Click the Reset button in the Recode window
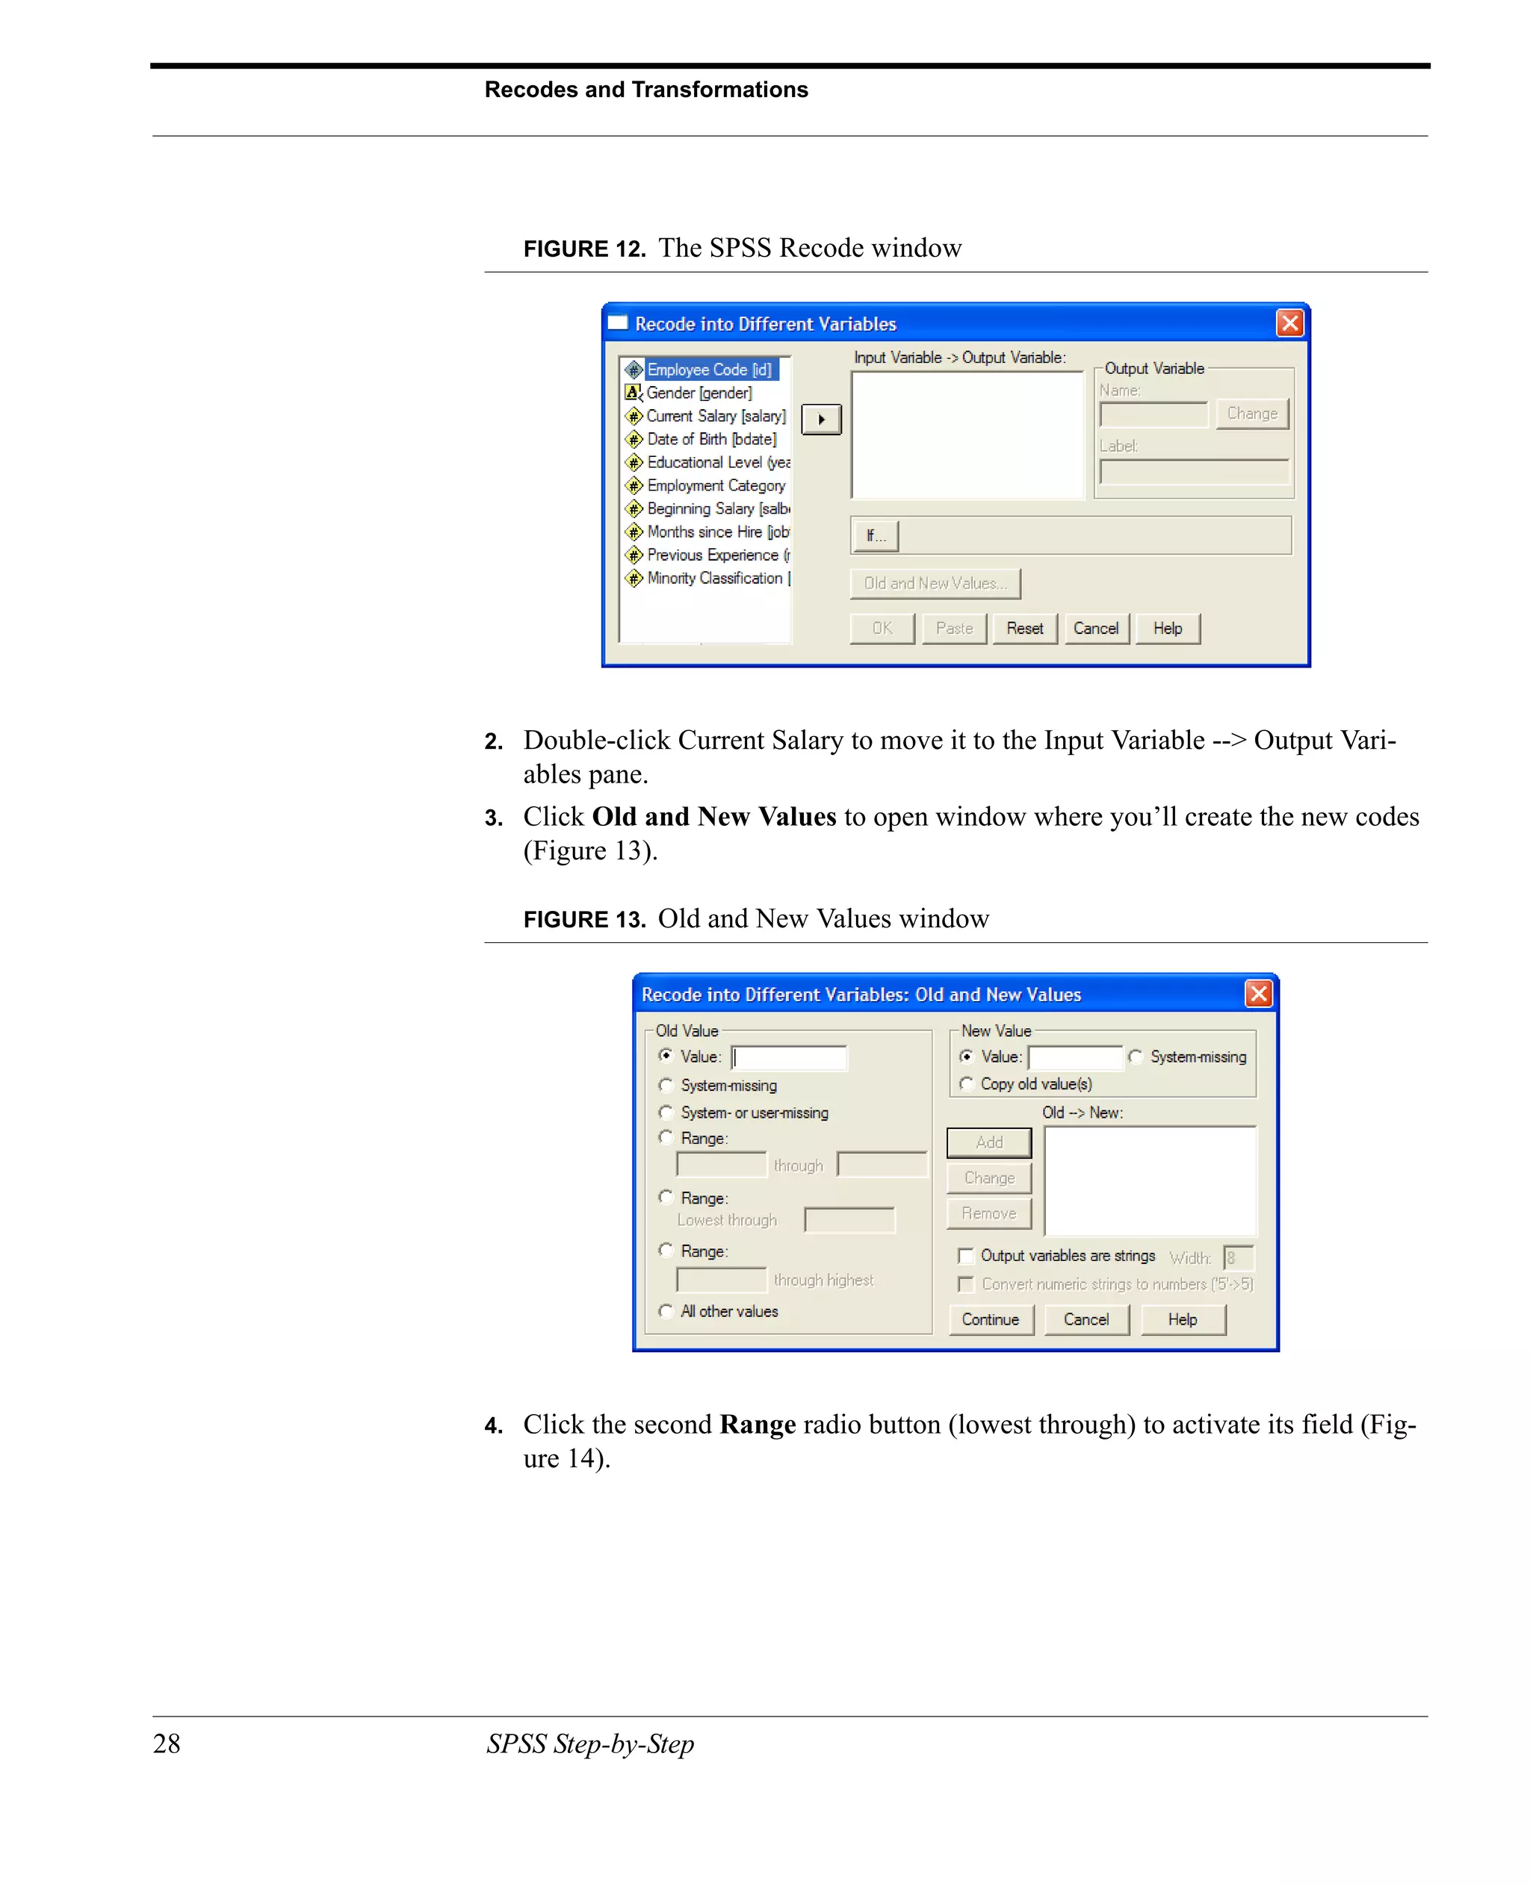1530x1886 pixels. pos(1024,628)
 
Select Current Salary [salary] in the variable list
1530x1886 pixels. pos(715,416)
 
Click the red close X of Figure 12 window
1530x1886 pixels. pos(1289,323)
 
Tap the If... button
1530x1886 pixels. pos(874,535)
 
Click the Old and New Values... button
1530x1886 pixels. pos(935,583)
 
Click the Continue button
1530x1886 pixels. pos(990,1319)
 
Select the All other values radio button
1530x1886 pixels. pos(666,1311)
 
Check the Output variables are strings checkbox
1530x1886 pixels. pos(966,1255)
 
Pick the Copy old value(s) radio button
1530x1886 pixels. pos(967,1083)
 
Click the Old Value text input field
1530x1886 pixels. pos(789,1057)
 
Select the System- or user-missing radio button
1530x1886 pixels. pos(666,1112)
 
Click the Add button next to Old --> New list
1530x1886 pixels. pos(989,1142)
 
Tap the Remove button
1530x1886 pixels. pos(989,1213)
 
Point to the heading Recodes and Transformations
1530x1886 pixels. pos(645,90)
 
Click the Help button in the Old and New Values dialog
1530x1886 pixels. pos(1182,1319)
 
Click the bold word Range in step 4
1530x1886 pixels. pos(757,1425)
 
